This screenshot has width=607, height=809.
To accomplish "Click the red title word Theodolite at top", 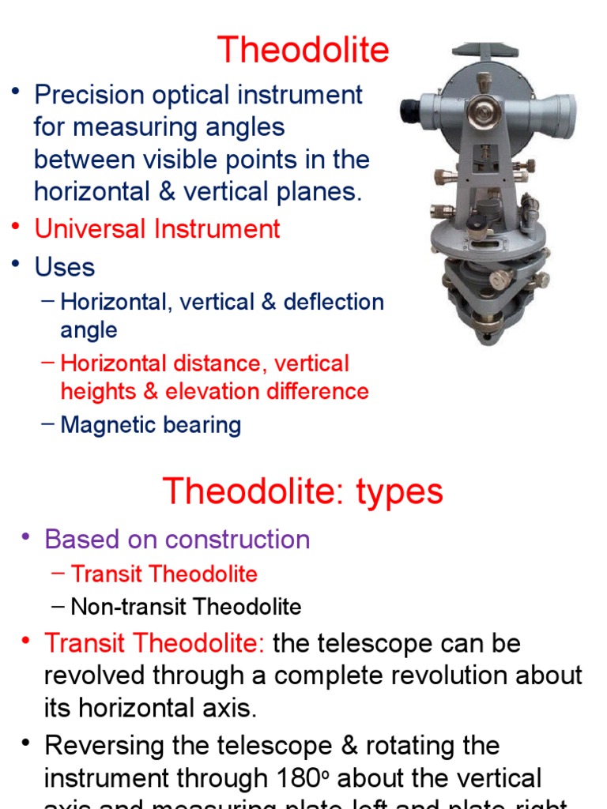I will tap(303, 51).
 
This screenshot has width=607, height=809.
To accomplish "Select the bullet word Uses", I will tap(64, 267).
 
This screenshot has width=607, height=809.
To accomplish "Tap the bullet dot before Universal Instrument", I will tap(15, 228).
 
